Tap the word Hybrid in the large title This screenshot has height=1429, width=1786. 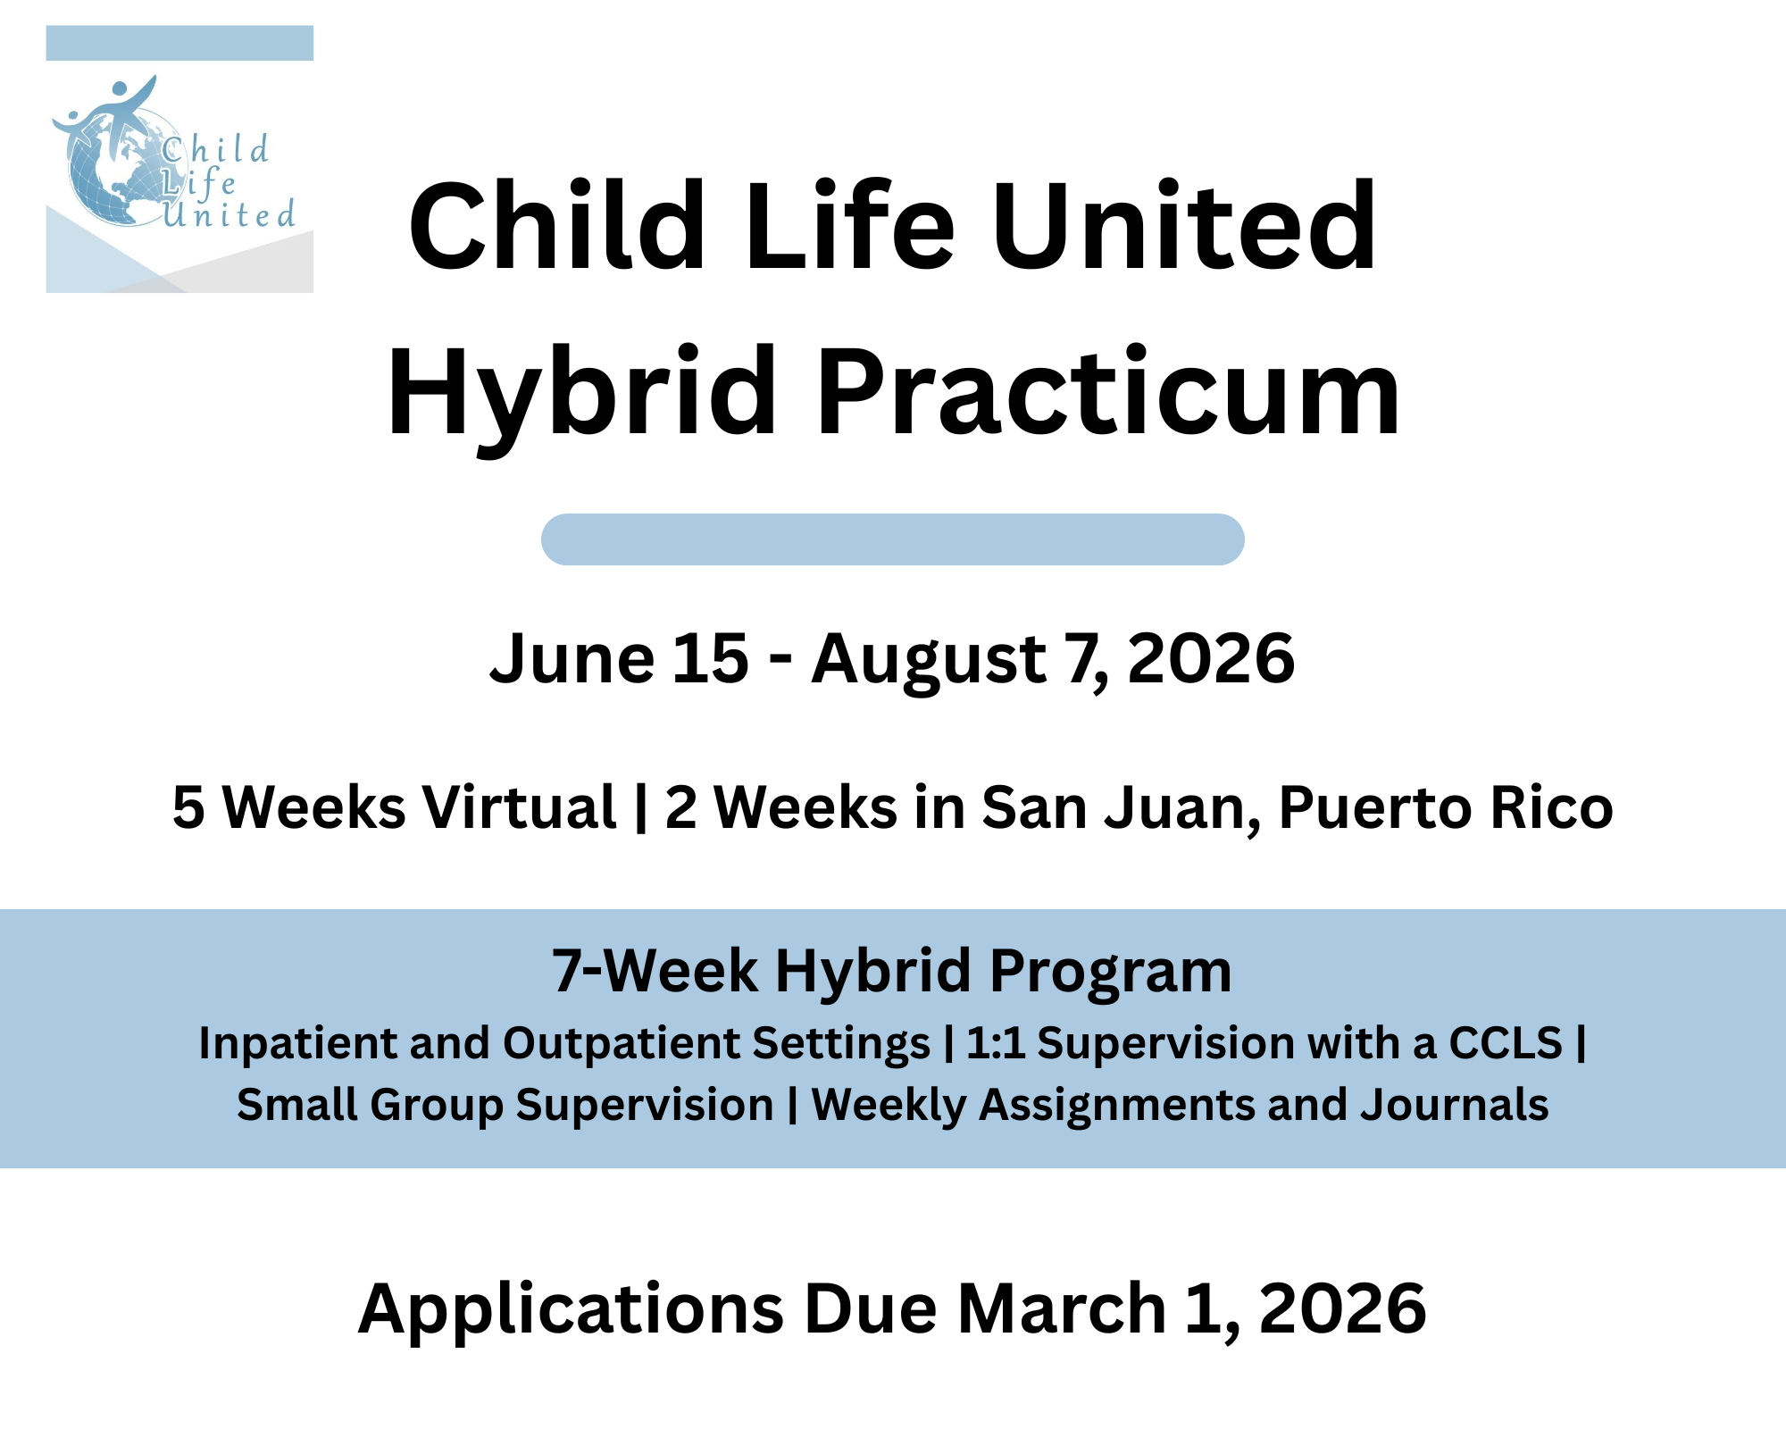tap(580, 393)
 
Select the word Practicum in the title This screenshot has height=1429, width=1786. tap(1107, 393)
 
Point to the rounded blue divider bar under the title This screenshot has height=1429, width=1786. tap(893, 539)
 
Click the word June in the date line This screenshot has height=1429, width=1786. tap(572, 659)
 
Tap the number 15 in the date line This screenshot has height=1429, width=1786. tap(710, 659)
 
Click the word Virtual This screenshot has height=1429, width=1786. tap(519, 807)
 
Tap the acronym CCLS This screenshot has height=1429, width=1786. tap(1505, 1043)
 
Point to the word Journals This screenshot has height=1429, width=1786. tap(1454, 1105)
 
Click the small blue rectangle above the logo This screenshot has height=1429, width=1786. tap(179, 43)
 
